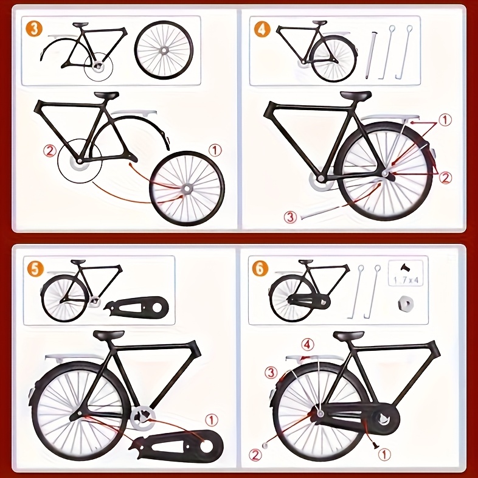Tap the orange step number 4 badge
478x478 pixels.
click(262, 29)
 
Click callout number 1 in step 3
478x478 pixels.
click(216, 149)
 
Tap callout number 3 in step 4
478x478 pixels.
click(291, 216)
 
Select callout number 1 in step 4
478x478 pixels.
click(446, 120)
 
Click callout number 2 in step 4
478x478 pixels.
click(446, 178)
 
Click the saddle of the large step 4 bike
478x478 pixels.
click(355, 95)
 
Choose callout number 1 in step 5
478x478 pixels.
click(210, 419)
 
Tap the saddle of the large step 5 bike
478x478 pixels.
click(109, 335)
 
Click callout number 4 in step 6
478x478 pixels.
click(308, 345)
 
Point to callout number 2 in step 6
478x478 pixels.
click(255, 454)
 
